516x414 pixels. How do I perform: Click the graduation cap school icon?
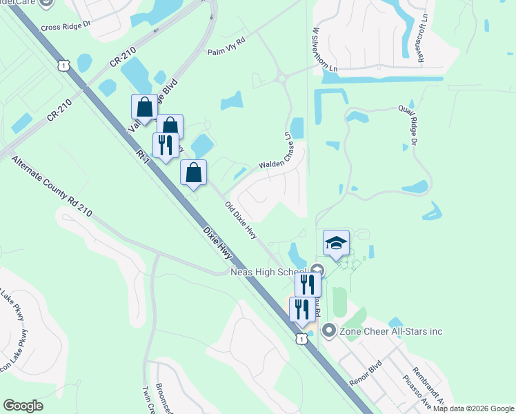click(336, 244)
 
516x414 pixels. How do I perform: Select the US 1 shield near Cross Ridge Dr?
click(64, 66)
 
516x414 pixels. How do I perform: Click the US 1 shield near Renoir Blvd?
click(301, 339)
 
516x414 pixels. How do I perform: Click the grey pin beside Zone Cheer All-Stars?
click(328, 331)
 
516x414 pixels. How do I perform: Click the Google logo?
click(23, 406)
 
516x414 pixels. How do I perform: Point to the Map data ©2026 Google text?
click(474, 408)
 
